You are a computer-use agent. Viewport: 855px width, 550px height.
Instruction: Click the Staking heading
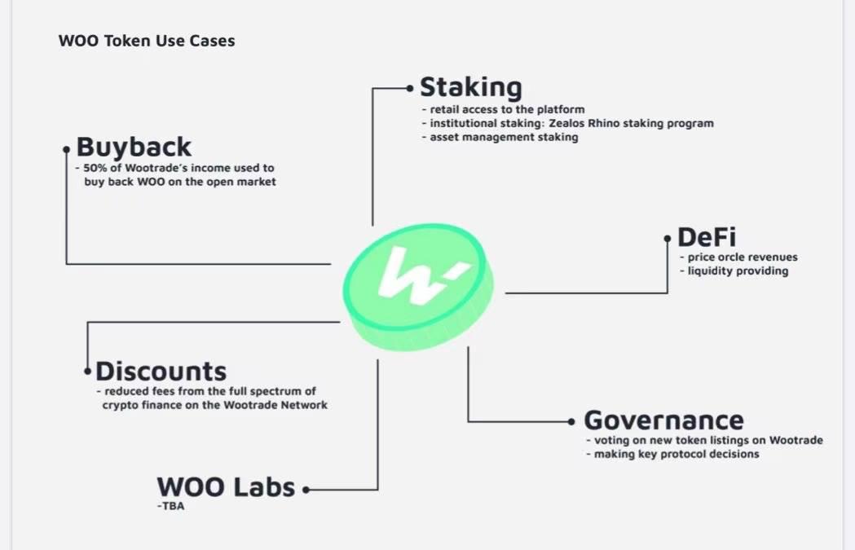[x=470, y=88]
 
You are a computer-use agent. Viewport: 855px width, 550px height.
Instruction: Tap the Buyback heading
[x=134, y=147]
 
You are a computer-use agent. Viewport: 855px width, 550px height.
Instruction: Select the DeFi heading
[x=707, y=237]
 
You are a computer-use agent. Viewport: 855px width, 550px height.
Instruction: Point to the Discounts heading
[x=161, y=372]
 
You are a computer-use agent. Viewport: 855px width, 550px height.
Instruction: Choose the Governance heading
[x=663, y=420]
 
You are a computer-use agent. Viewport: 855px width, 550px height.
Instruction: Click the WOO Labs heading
[x=226, y=487]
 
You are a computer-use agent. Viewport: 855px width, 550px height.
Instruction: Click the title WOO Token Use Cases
[x=147, y=41]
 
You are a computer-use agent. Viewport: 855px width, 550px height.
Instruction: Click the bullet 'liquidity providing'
[x=738, y=271]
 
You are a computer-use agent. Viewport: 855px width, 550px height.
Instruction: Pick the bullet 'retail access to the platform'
[x=507, y=109]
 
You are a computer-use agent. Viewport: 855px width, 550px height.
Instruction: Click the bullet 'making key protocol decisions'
[x=677, y=454]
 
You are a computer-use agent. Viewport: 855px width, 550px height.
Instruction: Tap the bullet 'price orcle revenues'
[x=742, y=257]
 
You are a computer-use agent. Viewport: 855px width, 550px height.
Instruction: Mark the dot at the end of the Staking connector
[x=409, y=88]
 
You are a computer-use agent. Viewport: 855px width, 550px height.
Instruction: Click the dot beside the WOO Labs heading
[x=306, y=490]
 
